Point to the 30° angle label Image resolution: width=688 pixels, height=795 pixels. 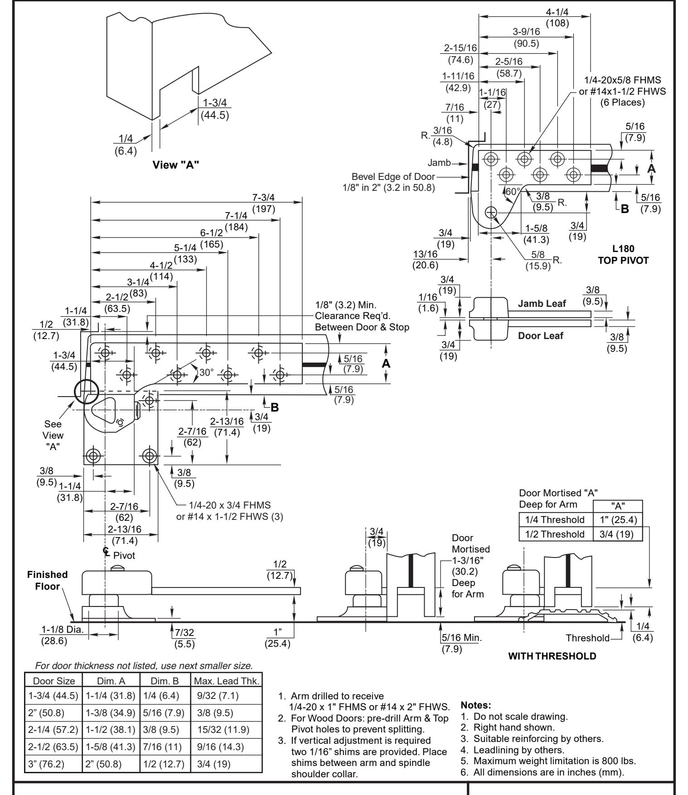[205, 372]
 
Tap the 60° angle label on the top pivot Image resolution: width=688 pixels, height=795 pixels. [512, 191]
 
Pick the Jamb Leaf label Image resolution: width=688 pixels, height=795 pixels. [542, 304]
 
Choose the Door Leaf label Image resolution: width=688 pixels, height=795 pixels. [542, 335]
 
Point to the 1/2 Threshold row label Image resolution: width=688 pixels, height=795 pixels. [555, 534]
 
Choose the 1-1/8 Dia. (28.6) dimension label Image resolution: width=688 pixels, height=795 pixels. [60, 635]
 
